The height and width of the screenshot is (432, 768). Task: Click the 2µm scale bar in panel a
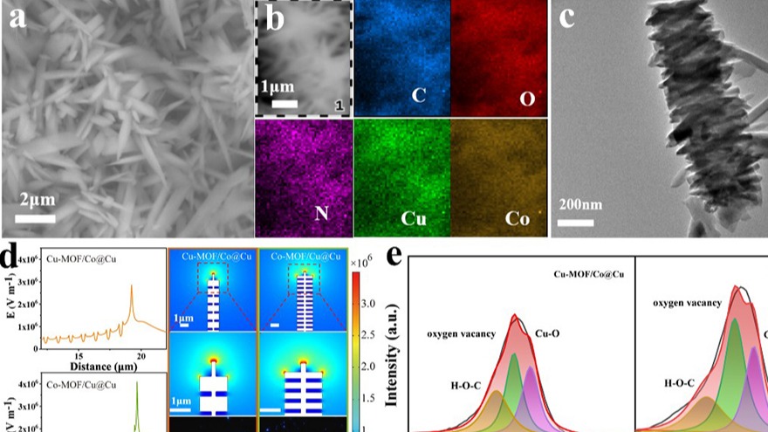tap(36, 216)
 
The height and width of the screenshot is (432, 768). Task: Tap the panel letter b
tap(274, 20)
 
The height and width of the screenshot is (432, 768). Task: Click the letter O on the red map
tap(526, 99)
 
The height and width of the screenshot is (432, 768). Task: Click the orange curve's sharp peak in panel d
tap(131, 285)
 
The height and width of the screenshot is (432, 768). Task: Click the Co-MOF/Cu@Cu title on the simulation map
tap(300, 256)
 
